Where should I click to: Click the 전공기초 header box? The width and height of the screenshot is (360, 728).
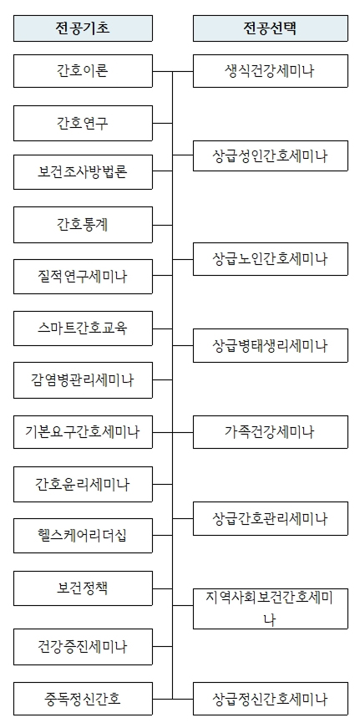pyautogui.click(x=83, y=28)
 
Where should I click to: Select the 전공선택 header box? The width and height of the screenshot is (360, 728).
pyautogui.click(x=270, y=28)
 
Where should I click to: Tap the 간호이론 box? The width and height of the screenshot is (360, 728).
pyautogui.click(x=83, y=71)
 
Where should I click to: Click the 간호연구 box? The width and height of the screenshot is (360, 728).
pyautogui.click(x=83, y=124)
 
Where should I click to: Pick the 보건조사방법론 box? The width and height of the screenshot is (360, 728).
pyautogui.click(x=83, y=172)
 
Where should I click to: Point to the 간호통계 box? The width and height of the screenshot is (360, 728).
pyautogui.click(x=83, y=224)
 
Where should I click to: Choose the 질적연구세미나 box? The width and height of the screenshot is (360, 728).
pyautogui.click(x=83, y=277)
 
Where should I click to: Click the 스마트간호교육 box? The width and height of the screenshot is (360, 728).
pyautogui.click(x=83, y=328)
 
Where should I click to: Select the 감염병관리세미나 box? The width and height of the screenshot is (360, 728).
pyautogui.click(x=83, y=380)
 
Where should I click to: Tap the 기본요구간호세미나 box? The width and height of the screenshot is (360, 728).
pyautogui.click(x=83, y=432)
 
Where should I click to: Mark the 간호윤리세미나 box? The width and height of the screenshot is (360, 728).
pyautogui.click(x=83, y=484)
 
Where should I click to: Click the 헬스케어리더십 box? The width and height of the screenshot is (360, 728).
pyautogui.click(x=83, y=536)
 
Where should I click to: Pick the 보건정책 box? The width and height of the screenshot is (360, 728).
pyautogui.click(x=83, y=588)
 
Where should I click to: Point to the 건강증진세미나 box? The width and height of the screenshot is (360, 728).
pyautogui.click(x=83, y=646)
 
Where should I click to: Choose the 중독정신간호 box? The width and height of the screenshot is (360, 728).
pyautogui.click(x=83, y=698)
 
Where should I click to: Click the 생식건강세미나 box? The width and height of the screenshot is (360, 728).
pyautogui.click(x=270, y=71)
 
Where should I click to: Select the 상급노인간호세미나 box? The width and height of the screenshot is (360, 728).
pyautogui.click(x=270, y=259)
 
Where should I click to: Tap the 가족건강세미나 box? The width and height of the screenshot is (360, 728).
pyautogui.click(x=270, y=432)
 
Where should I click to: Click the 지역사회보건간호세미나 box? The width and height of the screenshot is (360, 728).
pyautogui.click(x=270, y=608)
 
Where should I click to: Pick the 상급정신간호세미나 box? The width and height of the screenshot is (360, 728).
pyautogui.click(x=270, y=698)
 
